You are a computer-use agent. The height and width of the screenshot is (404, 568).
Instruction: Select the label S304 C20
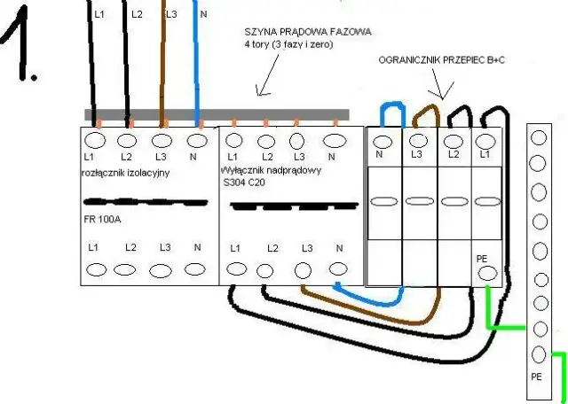(246, 183)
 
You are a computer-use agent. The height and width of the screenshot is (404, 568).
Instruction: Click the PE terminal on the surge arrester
(486, 274)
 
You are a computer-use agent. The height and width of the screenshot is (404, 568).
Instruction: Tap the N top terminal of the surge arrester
(383, 141)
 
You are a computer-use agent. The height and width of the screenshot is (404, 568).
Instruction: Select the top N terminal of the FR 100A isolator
(194, 140)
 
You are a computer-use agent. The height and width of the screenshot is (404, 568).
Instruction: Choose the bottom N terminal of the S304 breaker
(337, 269)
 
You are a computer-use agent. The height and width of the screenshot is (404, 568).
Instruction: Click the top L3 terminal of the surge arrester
(416, 141)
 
